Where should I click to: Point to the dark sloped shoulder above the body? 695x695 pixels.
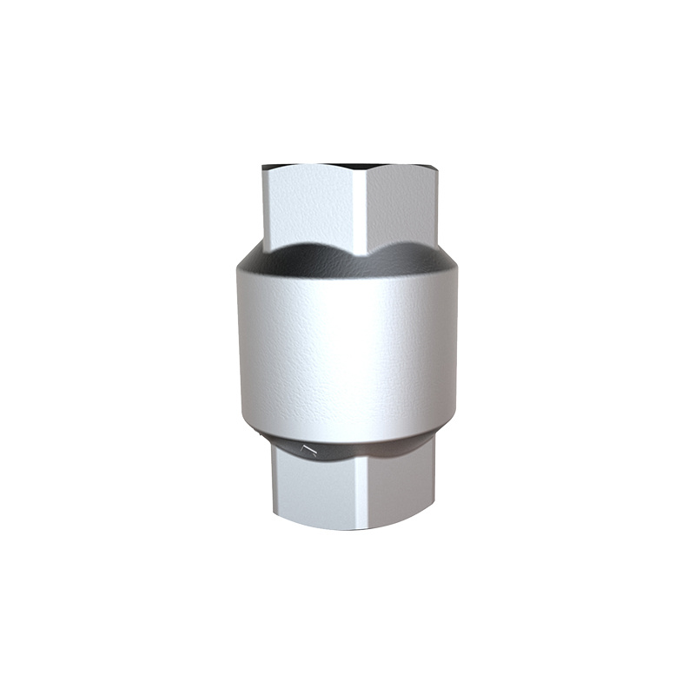(x=347, y=258)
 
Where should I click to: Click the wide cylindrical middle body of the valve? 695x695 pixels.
(x=347, y=347)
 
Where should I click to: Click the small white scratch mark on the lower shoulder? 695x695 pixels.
(x=305, y=449)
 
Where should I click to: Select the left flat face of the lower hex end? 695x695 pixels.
(x=308, y=491)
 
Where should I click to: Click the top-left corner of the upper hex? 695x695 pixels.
(x=263, y=168)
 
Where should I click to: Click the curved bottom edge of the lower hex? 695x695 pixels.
(x=352, y=529)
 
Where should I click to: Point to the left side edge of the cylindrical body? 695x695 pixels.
(x=236, y=347)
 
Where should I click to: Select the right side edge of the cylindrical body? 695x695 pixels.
(x=458, y=347)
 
